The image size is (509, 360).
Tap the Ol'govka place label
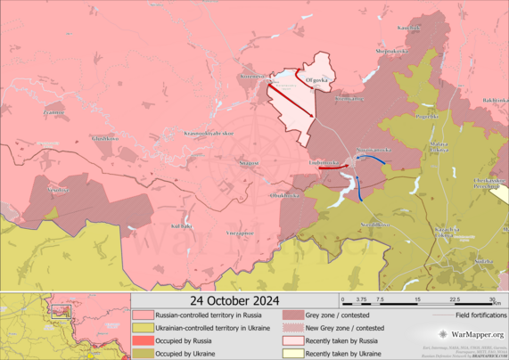318,80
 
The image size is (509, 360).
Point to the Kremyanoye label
349,99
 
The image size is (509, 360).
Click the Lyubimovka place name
324,163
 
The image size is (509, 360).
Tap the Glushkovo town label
104,138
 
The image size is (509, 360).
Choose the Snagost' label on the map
249,163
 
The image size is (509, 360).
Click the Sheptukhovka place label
391,51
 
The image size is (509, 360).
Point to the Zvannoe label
53,113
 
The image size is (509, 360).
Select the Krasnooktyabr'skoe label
209,134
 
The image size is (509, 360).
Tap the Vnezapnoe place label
240,232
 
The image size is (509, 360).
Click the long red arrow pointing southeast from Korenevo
291,102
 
